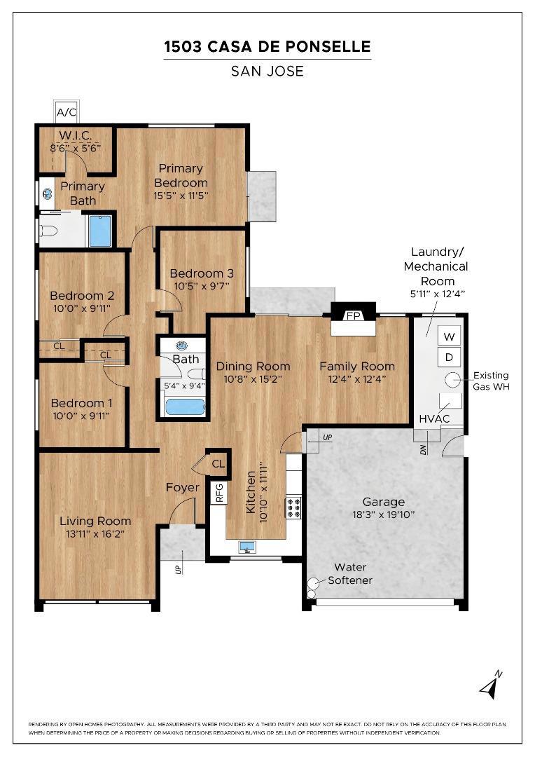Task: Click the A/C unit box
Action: [66, 113]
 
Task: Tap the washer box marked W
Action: [449, 336]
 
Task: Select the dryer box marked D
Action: [449, 357]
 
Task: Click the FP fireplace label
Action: [353, 316]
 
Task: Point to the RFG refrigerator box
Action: [219, 493]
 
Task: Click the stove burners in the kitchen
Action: [294, 507]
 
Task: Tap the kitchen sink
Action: [248, 547]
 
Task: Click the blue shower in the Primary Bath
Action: [100, 231]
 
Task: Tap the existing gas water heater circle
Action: [452, 381]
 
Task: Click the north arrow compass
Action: [491, 685]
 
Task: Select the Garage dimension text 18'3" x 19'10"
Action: [384, 514]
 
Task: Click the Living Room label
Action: [95, 521]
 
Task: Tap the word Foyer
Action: [182, 488]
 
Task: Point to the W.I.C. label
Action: [75, 135]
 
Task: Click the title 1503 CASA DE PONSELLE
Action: [267, 47]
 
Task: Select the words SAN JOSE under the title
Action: [267, 71]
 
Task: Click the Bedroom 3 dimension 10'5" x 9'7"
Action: [202, 286]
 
